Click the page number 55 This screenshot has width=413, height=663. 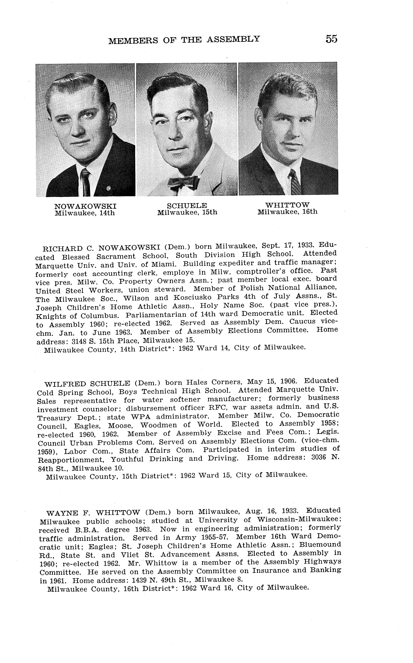coord(331,39)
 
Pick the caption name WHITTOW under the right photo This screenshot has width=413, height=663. coord(287,205)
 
